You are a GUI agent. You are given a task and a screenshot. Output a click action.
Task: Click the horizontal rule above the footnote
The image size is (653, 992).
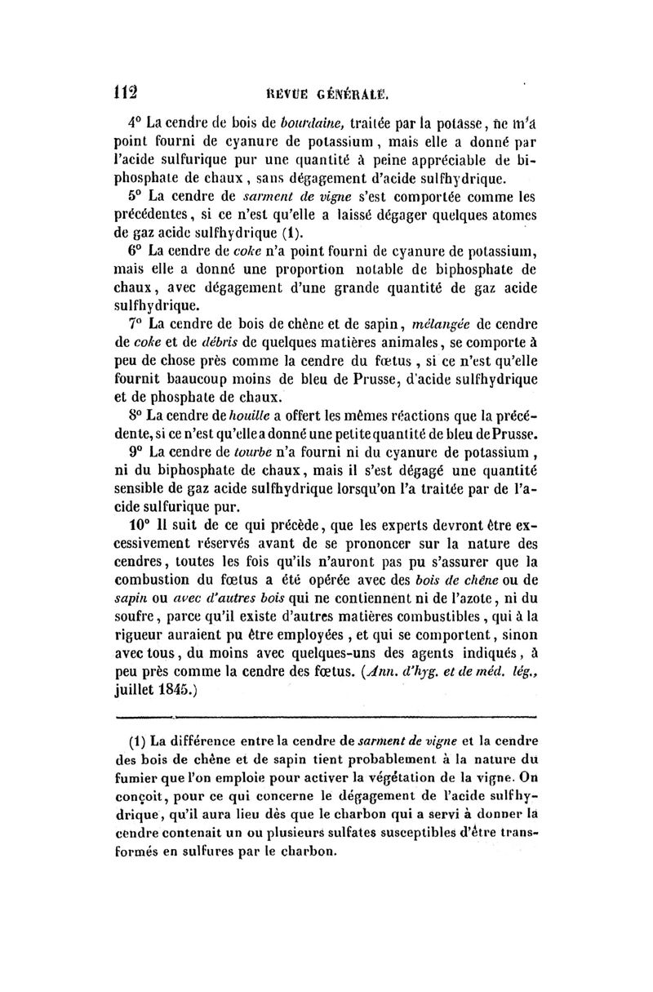326,718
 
